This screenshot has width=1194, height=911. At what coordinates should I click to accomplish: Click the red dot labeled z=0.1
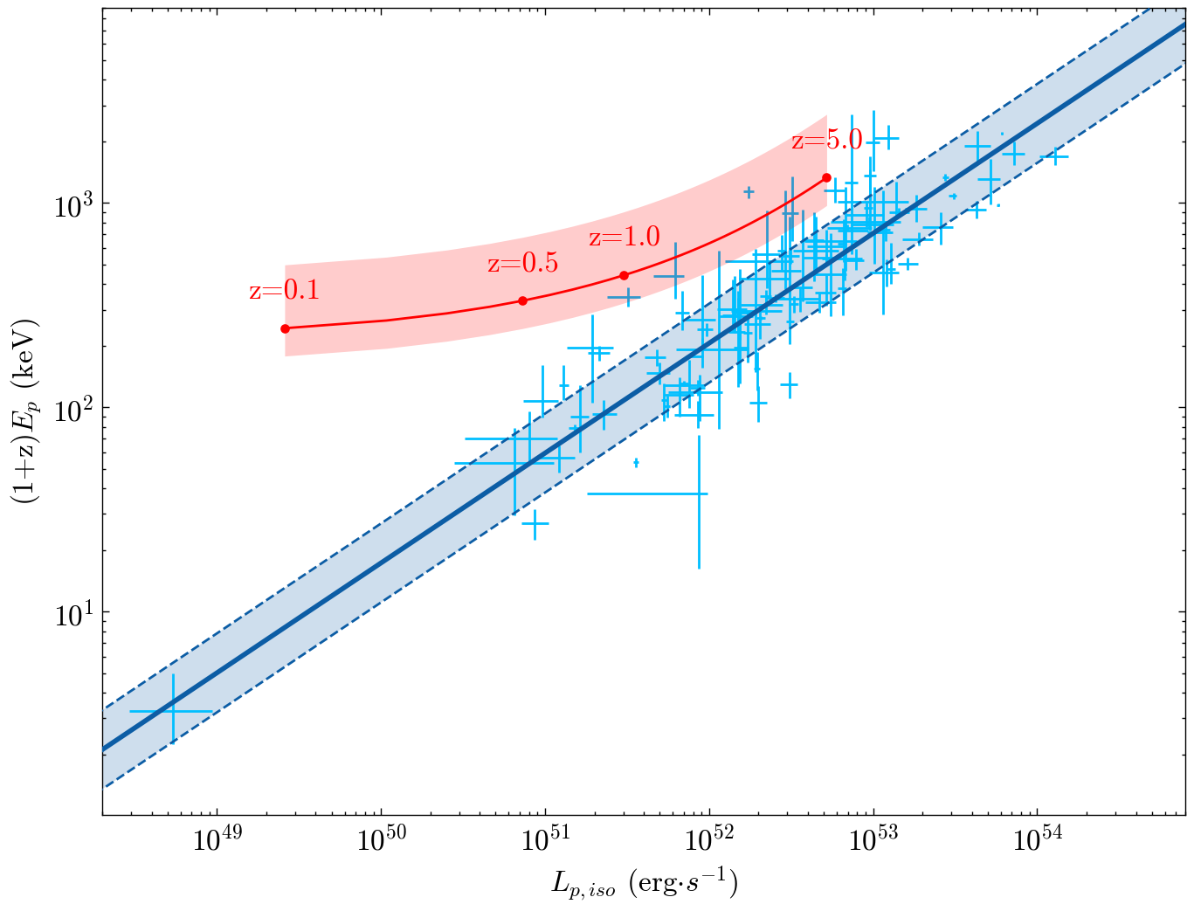tap(285, 328)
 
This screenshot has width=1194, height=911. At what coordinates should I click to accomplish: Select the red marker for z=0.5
tap(522, 300)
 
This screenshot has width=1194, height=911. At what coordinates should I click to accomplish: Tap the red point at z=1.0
tap(624, 275)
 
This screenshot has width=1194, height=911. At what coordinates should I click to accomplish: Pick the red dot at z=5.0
tap(826, 177)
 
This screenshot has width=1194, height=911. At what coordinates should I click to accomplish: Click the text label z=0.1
tap(284, 291)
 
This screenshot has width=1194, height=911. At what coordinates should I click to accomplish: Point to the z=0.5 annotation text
tap(522, 264)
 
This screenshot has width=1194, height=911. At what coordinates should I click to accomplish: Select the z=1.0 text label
tap(624, 238)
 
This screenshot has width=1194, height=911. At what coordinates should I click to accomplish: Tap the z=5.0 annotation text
tap(826, 140)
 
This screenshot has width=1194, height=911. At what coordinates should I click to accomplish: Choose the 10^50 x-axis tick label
tap(381, 842)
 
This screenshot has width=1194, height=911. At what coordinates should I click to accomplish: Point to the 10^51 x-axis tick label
tap(545, 842)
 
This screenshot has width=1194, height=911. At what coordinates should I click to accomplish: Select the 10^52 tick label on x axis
tap(709, 842)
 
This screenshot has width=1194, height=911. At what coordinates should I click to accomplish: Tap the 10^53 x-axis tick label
tap(873, 842)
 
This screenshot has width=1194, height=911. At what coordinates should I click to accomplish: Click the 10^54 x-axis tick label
tap(1038, 842)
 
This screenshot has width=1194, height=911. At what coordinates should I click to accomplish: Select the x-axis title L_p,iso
tap(644, 884)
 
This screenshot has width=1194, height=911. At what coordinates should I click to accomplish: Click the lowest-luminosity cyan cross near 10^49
tap(173, 711)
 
